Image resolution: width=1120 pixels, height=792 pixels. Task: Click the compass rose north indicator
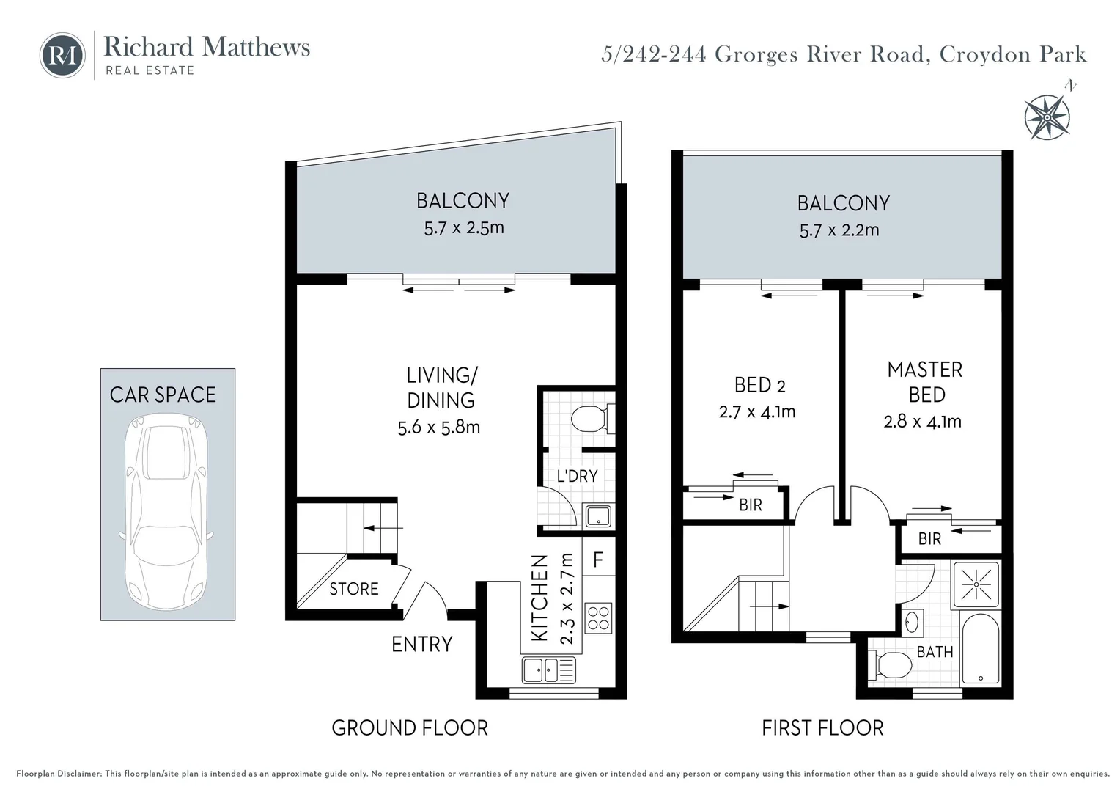point(1049,116)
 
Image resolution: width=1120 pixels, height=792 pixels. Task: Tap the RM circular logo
point(62,55)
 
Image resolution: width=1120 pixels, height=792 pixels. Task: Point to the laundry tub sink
point(598,516)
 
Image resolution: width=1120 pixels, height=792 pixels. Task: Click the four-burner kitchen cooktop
point(598,617)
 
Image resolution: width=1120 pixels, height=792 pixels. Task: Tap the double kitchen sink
point(549,670)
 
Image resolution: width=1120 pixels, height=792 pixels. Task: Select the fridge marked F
point(597,560)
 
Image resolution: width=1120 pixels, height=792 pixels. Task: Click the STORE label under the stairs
point(353,589)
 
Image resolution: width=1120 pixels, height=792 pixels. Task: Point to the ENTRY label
point(421,644)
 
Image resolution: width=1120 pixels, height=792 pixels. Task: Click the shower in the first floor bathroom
point(976,584)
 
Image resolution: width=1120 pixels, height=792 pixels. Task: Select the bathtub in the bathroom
point(979,650)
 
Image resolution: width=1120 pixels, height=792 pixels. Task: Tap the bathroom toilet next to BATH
point(891,666)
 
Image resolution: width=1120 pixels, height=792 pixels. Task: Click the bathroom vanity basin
point(912,623)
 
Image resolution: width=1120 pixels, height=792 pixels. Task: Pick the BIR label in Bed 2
point(750,505)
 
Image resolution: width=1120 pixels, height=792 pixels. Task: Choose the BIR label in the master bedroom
point(929,539)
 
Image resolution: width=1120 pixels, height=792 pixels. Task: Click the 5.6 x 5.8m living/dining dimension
point(438,427)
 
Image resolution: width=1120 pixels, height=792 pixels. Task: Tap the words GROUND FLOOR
point(409,727)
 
